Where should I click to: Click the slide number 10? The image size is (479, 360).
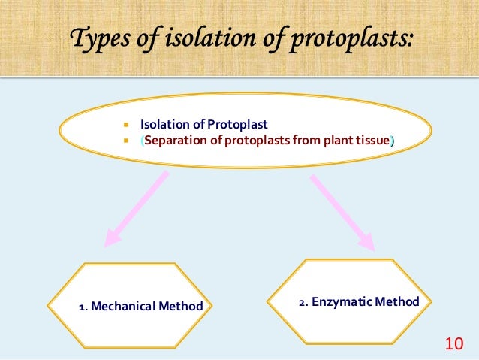point(453,345)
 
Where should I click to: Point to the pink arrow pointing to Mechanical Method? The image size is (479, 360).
point(135,210)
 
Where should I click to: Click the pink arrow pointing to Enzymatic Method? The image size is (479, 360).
point(342,211)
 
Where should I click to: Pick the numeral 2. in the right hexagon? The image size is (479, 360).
point(304,302)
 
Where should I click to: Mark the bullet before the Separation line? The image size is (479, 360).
point(128,141)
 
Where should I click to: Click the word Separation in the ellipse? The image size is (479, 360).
point(171,141)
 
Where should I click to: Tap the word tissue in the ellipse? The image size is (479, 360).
point(374,141)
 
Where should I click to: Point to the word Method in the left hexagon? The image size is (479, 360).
point(184,306)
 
